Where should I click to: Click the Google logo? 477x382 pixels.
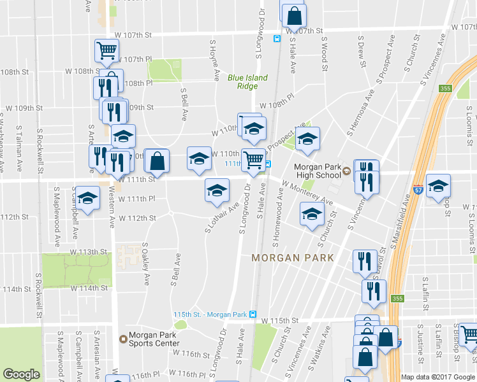click(x=21, y=374)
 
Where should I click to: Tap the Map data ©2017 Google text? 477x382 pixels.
click(x=438, y=377)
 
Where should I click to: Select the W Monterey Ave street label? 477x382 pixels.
click(x=306, y=192)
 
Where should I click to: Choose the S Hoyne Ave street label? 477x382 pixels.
click(x=213, y=55)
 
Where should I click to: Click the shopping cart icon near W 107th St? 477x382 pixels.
click(x=106, y=50)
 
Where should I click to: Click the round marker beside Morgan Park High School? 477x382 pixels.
click(x=346, y=171)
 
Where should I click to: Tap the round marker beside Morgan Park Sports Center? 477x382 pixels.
click(x=123, y=339)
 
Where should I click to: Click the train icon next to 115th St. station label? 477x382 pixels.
click(x=253, y=315)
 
